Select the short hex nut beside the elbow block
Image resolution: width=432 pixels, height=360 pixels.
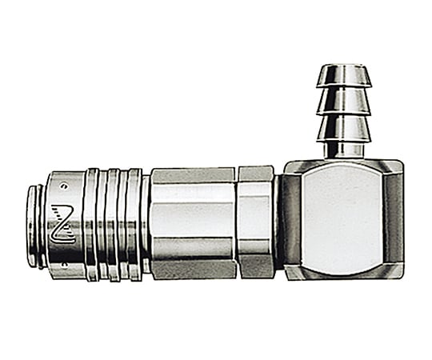(x=254, y=220)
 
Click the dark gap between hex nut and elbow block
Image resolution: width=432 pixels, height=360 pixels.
(x=277, y=220)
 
